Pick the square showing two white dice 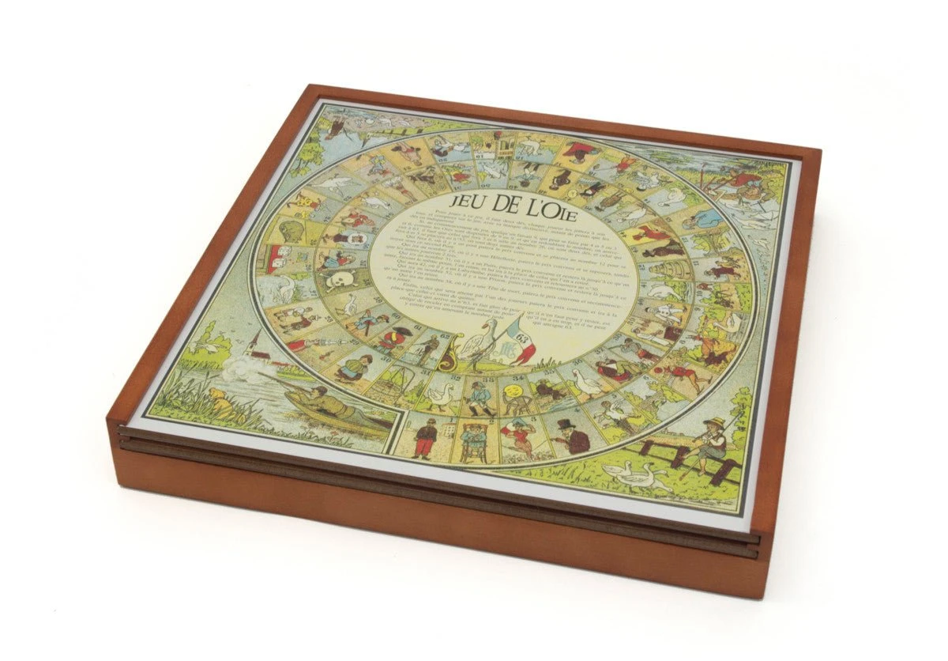pyautogui.click(x=278, y=258)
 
